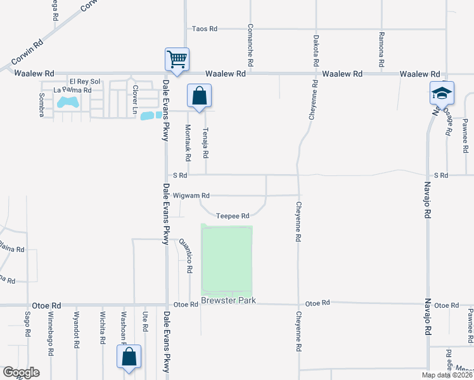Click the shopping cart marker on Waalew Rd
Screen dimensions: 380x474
tap(177, 60)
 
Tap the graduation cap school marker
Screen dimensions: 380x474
tap(442, 94)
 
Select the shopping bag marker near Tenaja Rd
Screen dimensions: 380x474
tap(199, 97)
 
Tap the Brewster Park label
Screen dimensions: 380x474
tap(229, 300)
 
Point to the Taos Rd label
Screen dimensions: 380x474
tap(205, 28)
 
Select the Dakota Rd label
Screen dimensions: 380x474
tap(316, 47)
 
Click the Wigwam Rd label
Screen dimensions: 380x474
tap(191, 196)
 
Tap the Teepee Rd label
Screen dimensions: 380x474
tap(233, 216)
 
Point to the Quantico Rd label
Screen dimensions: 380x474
tap(186, 256)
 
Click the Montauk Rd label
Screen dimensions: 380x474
tap(188, 142)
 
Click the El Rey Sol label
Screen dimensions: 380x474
tap(86, 82)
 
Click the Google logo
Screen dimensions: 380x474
tap(21, 372)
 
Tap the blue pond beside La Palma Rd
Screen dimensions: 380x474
tap(68, 101)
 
